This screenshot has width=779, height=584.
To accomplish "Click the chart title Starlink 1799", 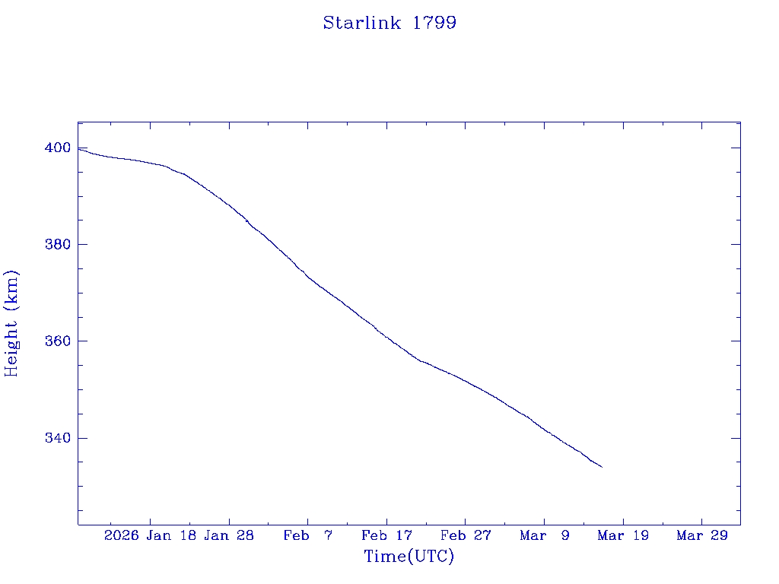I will [389, 23].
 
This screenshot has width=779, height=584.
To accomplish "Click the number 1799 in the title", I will [434, 23].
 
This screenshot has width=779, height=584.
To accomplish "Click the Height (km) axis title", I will [11, 323].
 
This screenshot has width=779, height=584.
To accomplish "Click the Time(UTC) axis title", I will [409, 557].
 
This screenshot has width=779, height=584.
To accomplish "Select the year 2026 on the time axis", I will [122, 535].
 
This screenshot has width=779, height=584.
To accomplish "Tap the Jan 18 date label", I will [172, 535].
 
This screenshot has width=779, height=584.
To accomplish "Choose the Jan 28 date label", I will [230, 535].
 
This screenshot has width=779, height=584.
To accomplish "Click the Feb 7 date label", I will [308, 535].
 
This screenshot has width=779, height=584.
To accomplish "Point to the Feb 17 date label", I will [386, 535].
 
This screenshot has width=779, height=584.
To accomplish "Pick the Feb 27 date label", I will [466, 535].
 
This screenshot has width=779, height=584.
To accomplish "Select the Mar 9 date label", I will [545, 535].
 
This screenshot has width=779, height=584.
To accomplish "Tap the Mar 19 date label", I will [623, 535].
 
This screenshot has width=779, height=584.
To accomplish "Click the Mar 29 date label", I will [702, 535].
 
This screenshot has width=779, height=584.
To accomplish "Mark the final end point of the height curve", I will [602, 467].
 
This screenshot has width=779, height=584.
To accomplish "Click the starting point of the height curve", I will [78, 148].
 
